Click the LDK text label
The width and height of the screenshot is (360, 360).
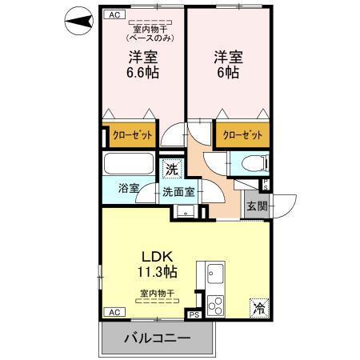pyautogui.click(x=158, y=257)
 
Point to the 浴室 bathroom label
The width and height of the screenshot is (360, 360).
pyautogui.click(x=130, y=188)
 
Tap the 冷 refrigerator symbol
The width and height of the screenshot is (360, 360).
pyautogui.click(x=260, y=306)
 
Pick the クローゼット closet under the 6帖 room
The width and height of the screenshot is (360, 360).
pyautogui.click(x=242, y=135)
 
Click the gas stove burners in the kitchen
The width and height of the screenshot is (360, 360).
pyautogui.click(x=215, y=305)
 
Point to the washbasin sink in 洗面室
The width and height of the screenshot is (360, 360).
pyautogui.click(x=184, y=212)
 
